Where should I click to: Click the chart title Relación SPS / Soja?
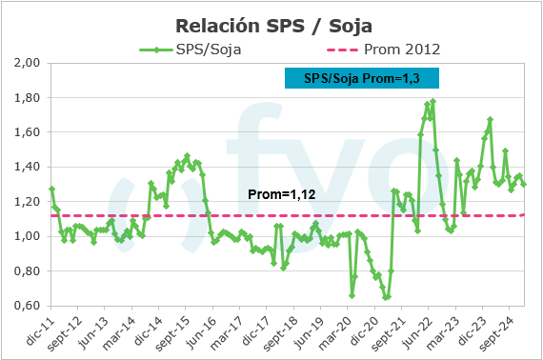pos(271,24)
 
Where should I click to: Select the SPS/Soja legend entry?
pos(191,50)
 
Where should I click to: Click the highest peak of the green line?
pos(433,101)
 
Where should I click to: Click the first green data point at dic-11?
pos(51,189)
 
